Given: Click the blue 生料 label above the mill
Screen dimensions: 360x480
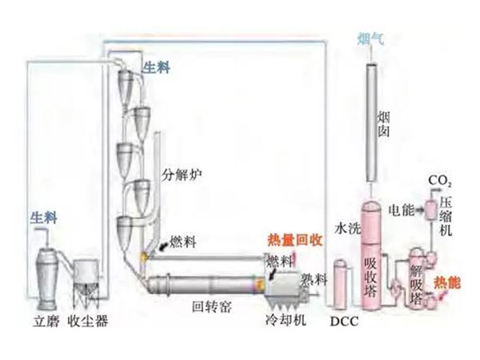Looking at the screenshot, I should [42, 216].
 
